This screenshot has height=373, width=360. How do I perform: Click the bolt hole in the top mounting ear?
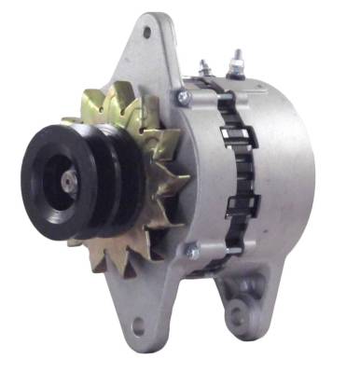click(146, 32)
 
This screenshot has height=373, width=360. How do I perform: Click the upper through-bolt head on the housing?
click(184, 95)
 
